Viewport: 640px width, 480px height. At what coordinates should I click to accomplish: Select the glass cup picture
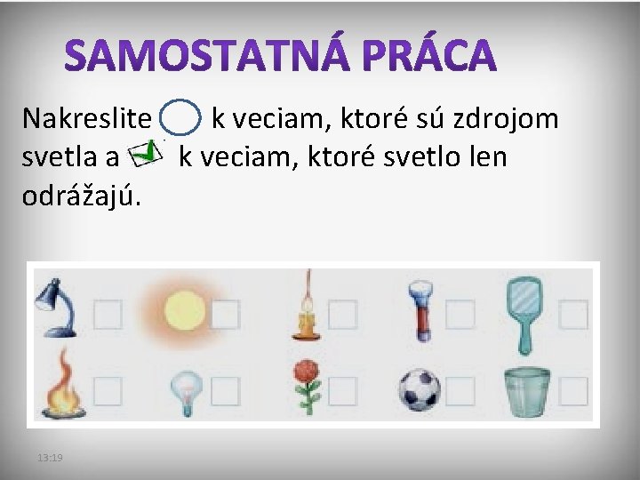pyautogui.click(x=526, y=388)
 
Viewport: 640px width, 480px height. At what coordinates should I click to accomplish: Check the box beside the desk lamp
pyautogui.click(x=108, y=314)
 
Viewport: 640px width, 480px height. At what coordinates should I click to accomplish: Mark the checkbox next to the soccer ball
pyautogui.click(x=460, y=389)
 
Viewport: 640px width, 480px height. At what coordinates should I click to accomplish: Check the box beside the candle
pyautogui.click(x=344, y=314)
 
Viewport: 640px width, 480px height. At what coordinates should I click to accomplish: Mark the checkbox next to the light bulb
pyautogui.click(x=226, y=389)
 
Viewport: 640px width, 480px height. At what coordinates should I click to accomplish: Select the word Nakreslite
pyautogui.click(x=87, y=118)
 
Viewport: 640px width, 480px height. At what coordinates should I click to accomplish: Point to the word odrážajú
pyautogui.click(x=81, y=196)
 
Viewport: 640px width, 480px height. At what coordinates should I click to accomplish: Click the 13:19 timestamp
pyautogui.click(x=50, y=457)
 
